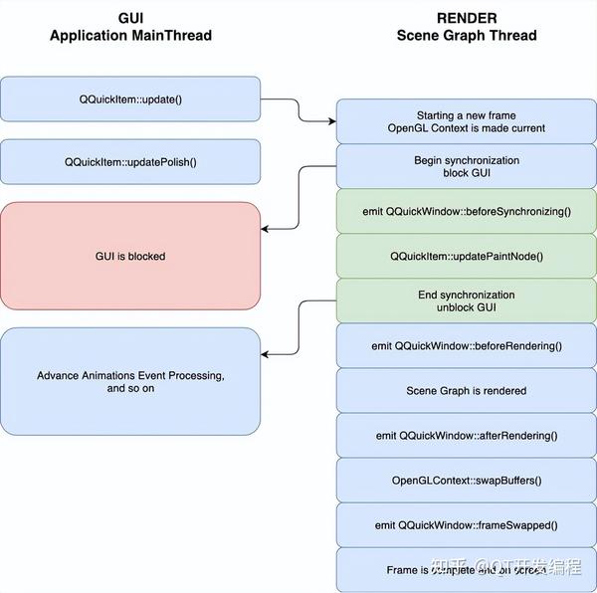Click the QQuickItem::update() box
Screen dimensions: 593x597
pos(130,99)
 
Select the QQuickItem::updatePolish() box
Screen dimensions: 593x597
pos(130,161)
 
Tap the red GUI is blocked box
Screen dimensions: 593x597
pos(130,256)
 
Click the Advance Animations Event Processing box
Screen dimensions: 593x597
pos(130,381)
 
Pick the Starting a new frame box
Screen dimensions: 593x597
pos(467,121)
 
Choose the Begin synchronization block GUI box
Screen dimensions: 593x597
pos(467,166)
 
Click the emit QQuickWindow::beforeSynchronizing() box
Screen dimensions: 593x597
pos(467,211)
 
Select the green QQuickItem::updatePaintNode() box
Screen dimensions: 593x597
pos(467,256)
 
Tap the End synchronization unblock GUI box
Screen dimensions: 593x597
pos(467,300)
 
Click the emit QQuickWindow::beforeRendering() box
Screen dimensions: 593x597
pos(467,345)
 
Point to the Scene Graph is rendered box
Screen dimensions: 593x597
pos(467,390)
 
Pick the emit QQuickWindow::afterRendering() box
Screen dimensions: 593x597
pos(467,435)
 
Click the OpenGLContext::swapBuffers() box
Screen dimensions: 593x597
pos(467,481)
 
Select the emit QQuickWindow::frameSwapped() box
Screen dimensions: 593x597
pos(467,525)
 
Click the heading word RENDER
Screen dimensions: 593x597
pos(467,18)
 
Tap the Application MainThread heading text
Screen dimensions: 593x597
pos(130,36)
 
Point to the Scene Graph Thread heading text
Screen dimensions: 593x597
pos(467,36)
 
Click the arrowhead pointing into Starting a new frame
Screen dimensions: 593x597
pos(331,121)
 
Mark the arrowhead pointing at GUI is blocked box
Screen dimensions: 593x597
pos(267,228)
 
